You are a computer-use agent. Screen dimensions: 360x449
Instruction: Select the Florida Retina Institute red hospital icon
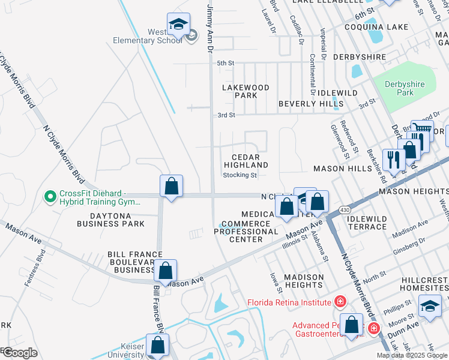[340, 301]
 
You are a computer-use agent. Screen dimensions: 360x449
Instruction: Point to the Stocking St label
[240, 175]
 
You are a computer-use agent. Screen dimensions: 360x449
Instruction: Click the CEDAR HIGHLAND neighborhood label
[246, 161]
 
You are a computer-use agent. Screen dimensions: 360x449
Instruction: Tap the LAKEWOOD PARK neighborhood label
[246, 91]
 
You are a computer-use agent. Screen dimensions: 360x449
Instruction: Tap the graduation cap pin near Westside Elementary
[178, 24]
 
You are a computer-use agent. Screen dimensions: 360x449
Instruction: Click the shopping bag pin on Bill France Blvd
[165, 271]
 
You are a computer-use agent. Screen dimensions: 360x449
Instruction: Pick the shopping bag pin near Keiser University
[157, 345]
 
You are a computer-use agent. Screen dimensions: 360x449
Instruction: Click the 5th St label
[225, 63]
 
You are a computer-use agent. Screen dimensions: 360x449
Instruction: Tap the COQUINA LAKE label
[376, 27]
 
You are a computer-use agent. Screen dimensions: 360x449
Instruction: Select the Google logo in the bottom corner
[19, 352]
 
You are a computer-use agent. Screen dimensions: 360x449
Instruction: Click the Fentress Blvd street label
[40, 262]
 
